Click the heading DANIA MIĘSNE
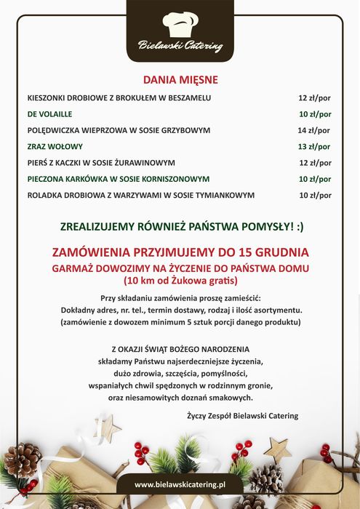point(180,79)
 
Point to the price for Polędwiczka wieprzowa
point(314,130)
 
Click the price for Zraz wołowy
point(314,146)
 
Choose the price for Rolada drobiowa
point(314,195)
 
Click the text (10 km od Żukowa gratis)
point(180,281)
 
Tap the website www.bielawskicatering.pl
point(180,484)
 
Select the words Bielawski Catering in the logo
point(180,47)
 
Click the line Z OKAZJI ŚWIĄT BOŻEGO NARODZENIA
point(180,349)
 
